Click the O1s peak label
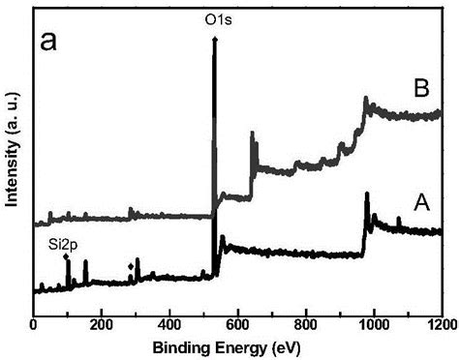[x=214, y=17]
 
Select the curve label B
[x=421, y=89]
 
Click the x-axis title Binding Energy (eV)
[x=238, y=345]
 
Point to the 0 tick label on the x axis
[x=34, y=324]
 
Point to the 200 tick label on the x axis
[x=102, y=324]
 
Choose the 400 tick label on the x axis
[x=169, y=324]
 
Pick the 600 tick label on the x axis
[x=238, y=324]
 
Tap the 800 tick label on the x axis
[x=306, y=324]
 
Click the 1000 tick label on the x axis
[x=374, y=324]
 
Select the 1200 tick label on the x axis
[x=441, y=324]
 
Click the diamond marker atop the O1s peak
[x=214, y=39]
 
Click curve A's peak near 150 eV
[x=85, y=262]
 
